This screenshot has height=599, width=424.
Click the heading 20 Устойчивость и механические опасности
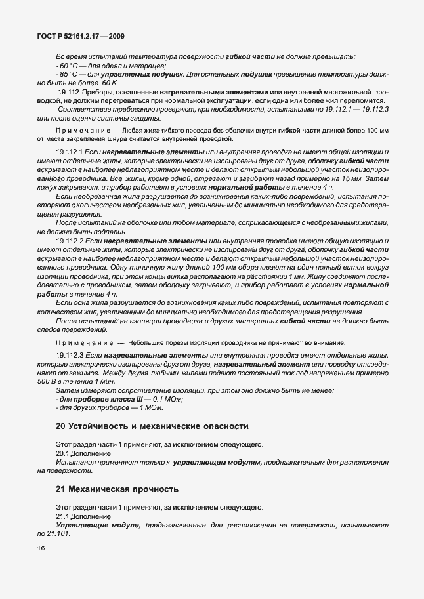[x=152, y=426]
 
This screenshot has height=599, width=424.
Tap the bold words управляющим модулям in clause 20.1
[x=217, y=463]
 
